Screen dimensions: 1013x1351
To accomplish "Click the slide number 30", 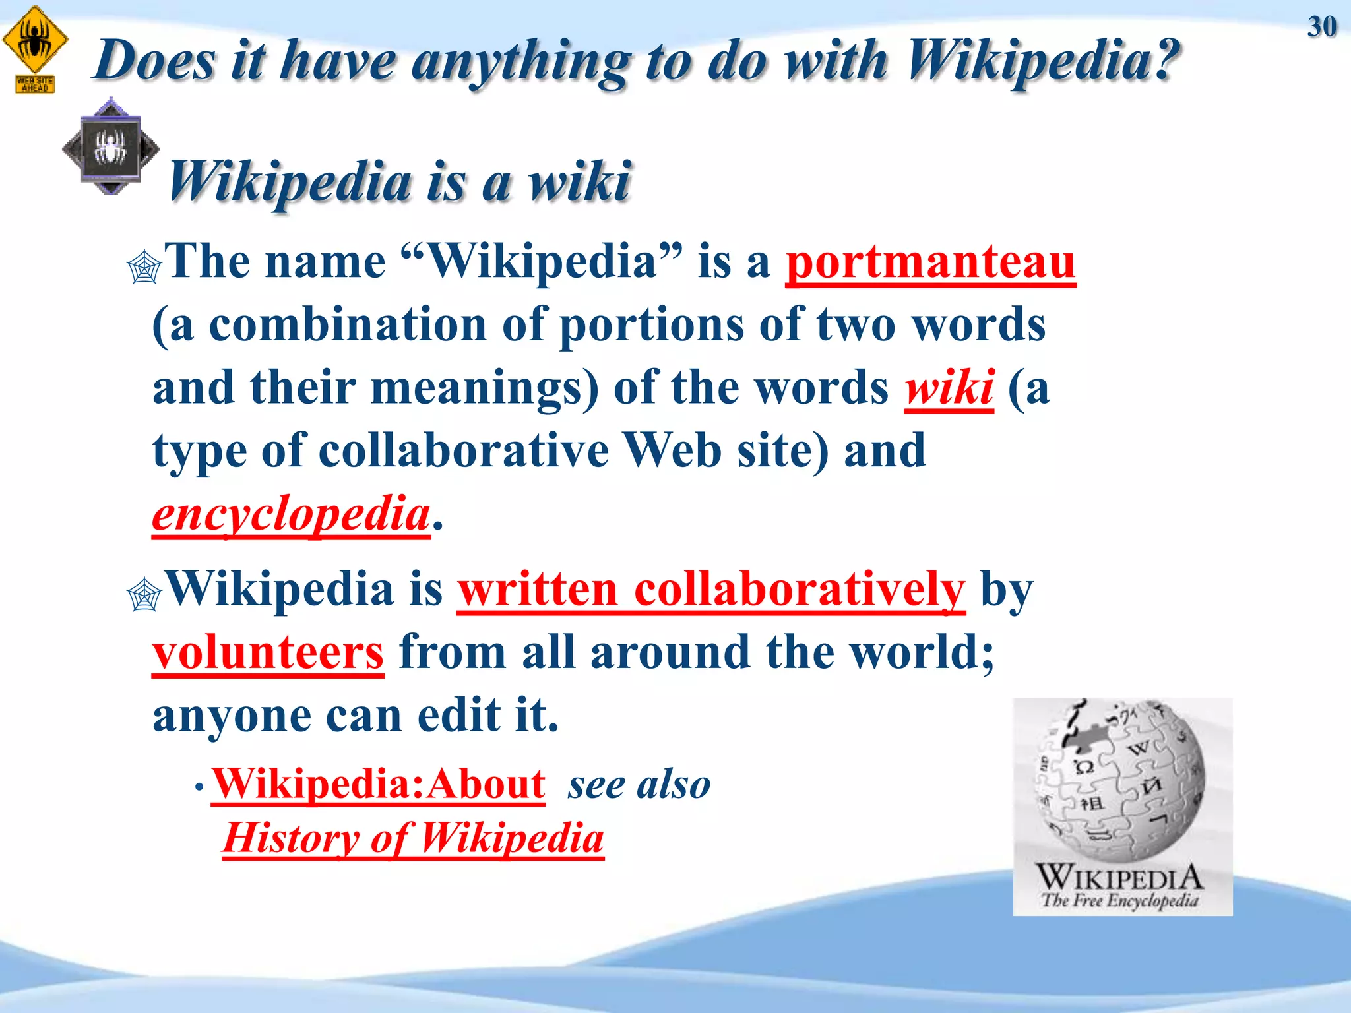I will click(1321, 27).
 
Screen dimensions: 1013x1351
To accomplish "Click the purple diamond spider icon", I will click(111, 147).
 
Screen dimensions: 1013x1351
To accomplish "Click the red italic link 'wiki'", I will click(949, 388).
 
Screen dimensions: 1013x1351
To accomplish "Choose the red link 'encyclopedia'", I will click(291, 514).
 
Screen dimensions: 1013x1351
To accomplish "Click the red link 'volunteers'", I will click(268, 652).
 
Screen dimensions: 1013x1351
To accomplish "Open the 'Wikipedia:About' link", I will click(378, 784).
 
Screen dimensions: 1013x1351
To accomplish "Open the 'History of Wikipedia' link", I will click(414, 839).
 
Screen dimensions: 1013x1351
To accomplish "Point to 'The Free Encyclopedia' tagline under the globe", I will click(1120, 900).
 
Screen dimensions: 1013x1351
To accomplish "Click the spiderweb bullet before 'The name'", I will click(144, 268).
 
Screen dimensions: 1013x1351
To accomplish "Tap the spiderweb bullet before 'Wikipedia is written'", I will click(144, 595).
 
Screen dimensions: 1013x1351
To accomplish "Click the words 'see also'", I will click(639, 785).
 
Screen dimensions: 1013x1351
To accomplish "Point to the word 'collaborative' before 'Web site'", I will click(464, 452).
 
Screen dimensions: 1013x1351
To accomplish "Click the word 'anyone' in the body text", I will click(232, 716).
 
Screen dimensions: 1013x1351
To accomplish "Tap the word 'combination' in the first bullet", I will click(348, 325).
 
